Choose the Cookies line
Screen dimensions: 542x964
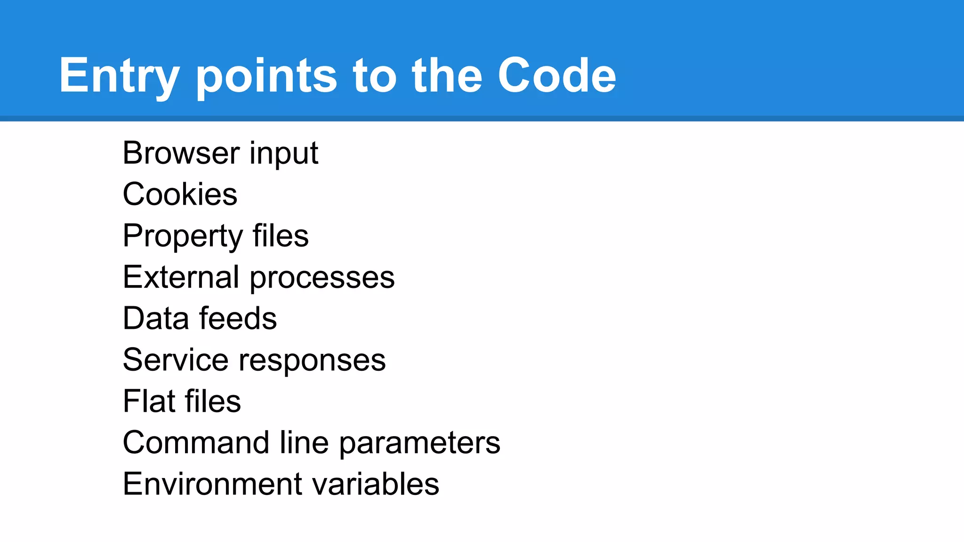180,194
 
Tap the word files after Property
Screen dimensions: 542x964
281,236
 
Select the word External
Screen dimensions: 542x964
181,277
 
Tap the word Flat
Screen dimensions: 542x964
149,401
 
